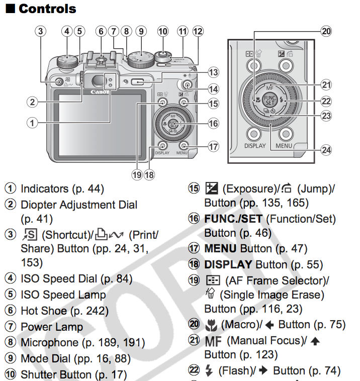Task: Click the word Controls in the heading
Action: pyautogui.click(x=47, y=9)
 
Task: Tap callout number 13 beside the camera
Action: pyautogui.click(x=214, y=72)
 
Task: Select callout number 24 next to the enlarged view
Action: pyautogui.click(x=327, y=149)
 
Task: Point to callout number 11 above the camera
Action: pyautogui.click(x=182, y=31)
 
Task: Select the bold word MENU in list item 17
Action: pyautogui.click(x=221, y=248)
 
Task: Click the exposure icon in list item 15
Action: pyautogui.click(x=210, y=189)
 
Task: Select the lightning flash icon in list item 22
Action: pyautogui.click(x=209, y=371)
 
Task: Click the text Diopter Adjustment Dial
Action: pyautogui.click(x=79, y=205)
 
